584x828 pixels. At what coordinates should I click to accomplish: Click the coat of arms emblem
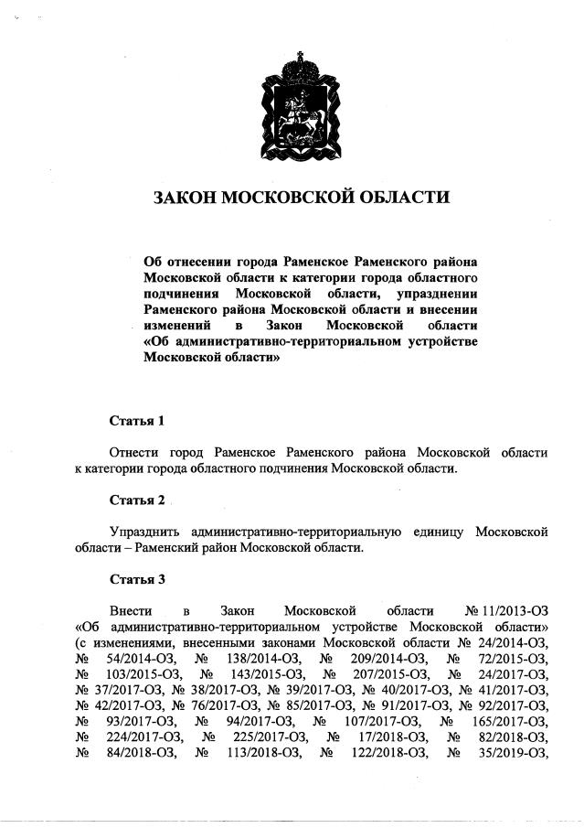point(292,105)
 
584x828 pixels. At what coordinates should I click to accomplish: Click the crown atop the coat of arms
point(292,65)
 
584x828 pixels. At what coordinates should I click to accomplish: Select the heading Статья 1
point(137,422)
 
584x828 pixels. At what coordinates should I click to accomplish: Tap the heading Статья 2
point(137,500)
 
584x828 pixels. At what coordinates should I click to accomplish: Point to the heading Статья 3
point(137,579)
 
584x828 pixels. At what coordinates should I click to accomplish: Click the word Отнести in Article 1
point(134,453)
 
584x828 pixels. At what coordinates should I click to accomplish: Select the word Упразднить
point(143,532)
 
